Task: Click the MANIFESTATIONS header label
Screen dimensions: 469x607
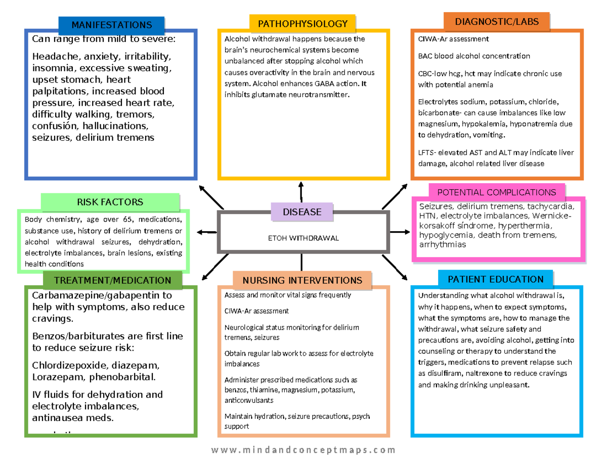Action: [x=111, y=25]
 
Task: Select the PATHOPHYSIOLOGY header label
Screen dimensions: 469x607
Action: [x=302, y=24]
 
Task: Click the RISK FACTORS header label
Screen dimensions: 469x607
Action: [x=110, y=202]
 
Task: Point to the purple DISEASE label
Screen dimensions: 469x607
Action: [x=302, y=212]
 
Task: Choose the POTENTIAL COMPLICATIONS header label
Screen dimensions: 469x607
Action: [x=496, y=192]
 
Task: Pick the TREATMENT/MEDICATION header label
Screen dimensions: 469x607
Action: [x=112, y=280]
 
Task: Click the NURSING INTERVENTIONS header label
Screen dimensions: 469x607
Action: [x=302, y=280]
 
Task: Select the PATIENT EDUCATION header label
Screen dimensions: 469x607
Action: [x=495, y=279]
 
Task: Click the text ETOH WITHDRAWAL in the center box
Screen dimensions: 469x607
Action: [x=303, y=238]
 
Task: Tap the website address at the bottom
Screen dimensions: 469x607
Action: [x=303, y=450]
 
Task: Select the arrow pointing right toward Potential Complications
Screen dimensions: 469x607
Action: [x=400, y=232]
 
